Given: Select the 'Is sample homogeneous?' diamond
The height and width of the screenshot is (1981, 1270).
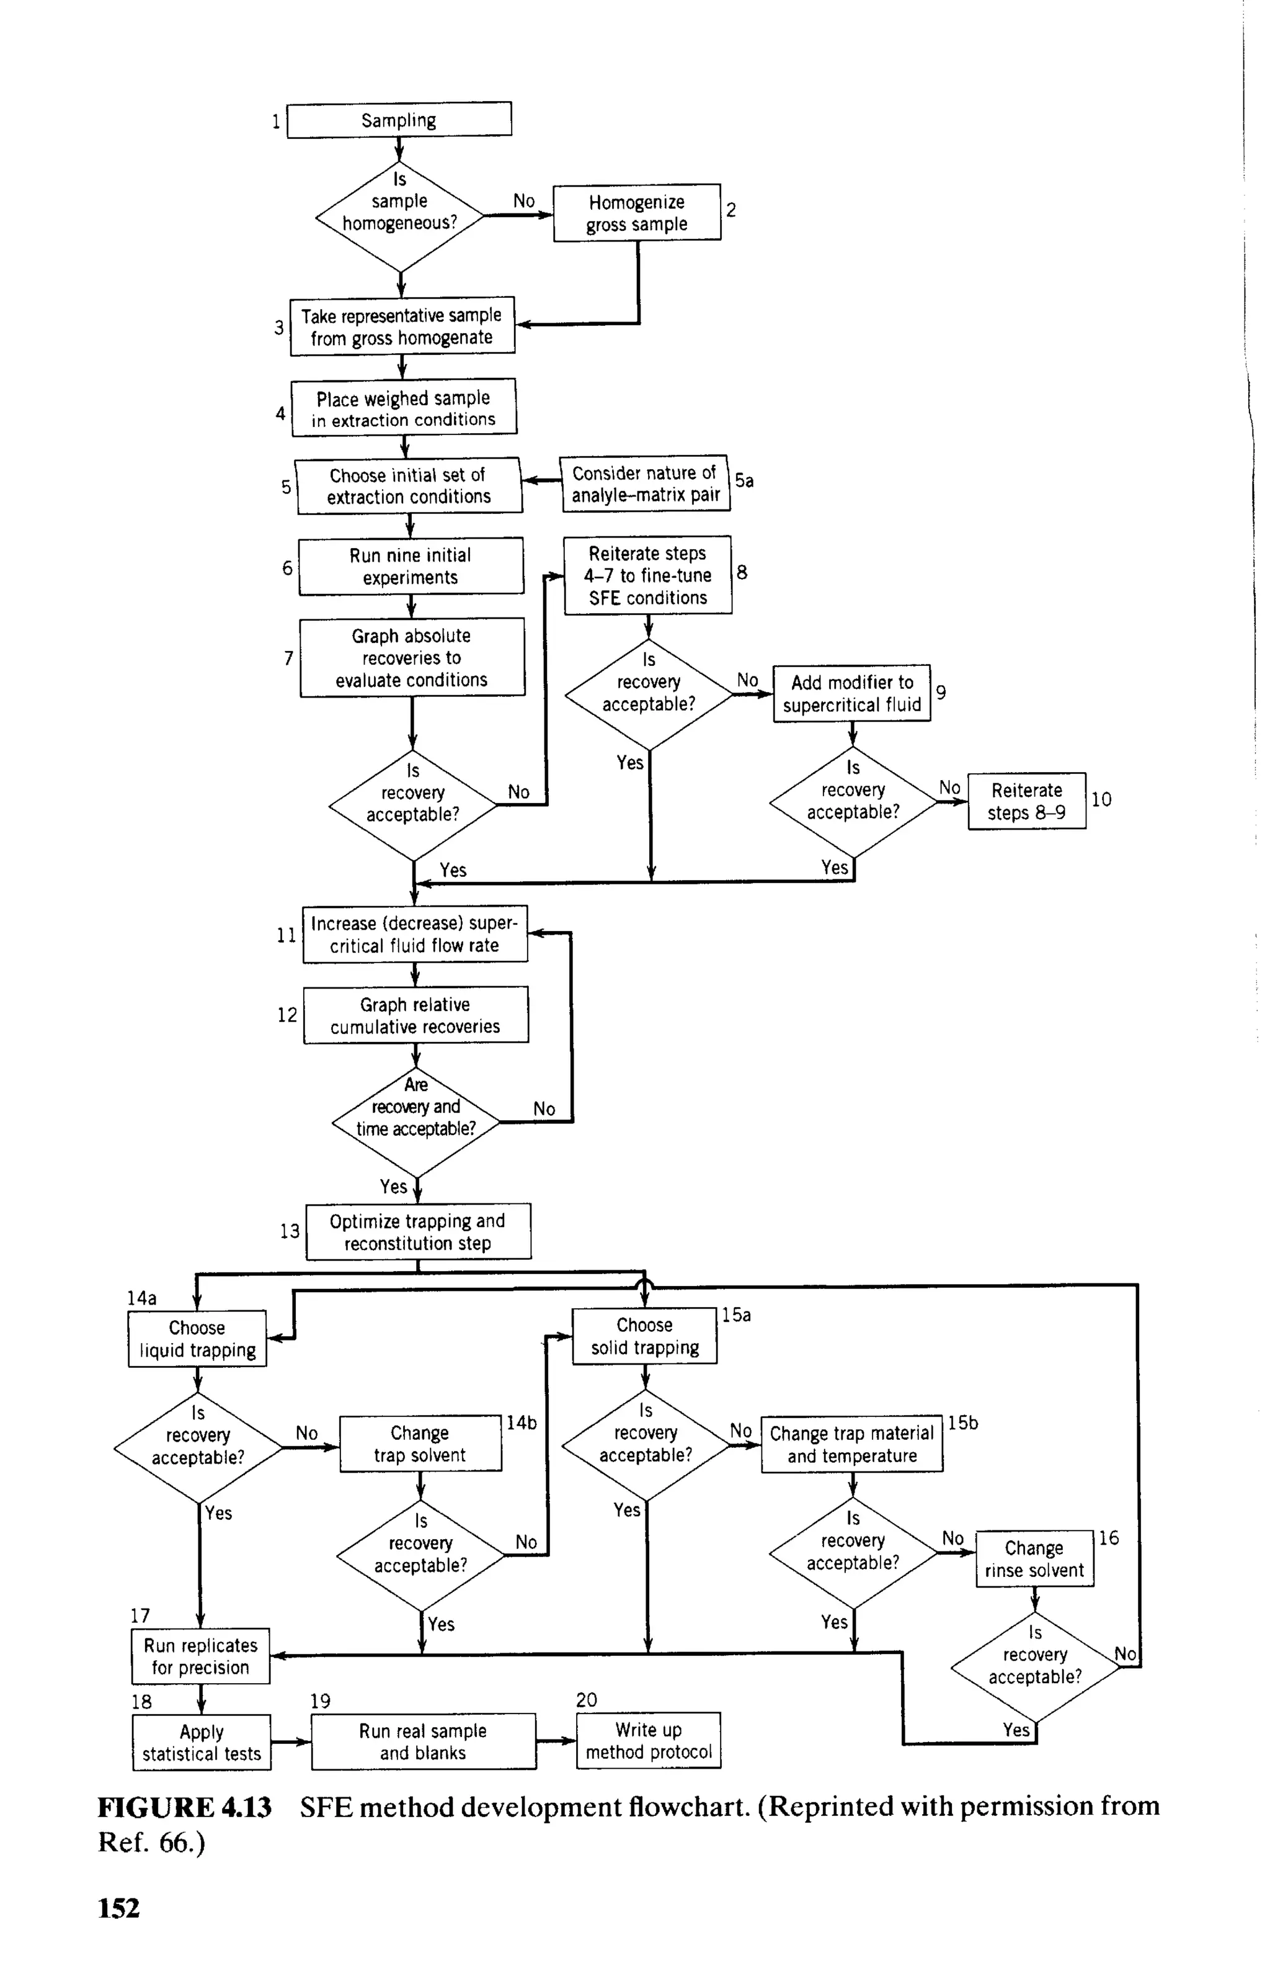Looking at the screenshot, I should tap(399, 216).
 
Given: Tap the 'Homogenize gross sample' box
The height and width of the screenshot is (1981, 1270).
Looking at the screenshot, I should tap(637, 213).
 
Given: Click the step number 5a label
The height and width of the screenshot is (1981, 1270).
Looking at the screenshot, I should tap(744, 480).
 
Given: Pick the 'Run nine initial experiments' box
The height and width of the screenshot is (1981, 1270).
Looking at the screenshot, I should tap(411, 566).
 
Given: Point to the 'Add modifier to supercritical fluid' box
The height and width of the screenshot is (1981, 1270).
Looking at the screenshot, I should tap(852, 693).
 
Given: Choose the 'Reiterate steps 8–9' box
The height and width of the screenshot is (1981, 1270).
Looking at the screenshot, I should tap(1027, 801).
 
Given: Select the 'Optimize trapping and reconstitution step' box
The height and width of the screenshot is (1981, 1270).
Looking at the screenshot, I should tap(418, 1232).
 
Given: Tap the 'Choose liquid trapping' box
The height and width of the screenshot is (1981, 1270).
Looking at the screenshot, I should tap(197, 1338).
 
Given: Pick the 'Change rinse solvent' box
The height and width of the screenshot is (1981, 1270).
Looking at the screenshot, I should tap(1034, 1558).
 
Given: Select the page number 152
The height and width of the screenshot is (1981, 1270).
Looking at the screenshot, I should tap(119, 1908).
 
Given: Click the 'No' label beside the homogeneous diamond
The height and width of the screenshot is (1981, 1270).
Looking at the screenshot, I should tap(523, 200).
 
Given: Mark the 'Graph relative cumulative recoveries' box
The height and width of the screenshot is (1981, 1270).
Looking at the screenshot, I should tap(415, 1015).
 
